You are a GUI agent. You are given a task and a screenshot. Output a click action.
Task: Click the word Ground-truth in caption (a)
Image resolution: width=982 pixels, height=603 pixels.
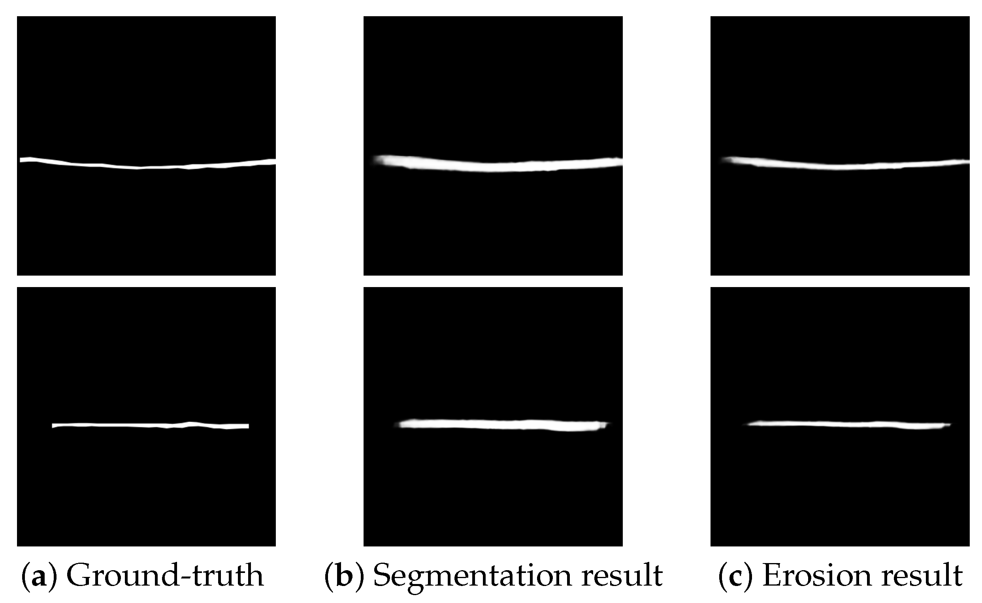[165, 575]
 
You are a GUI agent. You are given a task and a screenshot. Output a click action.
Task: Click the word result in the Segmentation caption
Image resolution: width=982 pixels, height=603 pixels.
[622, 575]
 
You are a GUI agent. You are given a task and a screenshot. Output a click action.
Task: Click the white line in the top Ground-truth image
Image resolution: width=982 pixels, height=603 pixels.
[146, 166]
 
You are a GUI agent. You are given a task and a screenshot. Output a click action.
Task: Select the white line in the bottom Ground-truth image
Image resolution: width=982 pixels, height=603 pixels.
[150, 425]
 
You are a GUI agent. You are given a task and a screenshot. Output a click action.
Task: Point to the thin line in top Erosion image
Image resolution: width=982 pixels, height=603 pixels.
[840, 166]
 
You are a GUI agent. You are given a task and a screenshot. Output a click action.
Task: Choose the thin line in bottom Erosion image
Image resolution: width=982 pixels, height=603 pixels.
[848, 424]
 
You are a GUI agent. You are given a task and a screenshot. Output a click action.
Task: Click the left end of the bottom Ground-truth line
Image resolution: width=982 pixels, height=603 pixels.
[54, 425]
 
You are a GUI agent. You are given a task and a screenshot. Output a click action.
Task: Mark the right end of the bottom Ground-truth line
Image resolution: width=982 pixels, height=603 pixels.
[247, 426]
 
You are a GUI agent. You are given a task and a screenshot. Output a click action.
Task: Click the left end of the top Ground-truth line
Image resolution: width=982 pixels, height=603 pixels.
[22, 160]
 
